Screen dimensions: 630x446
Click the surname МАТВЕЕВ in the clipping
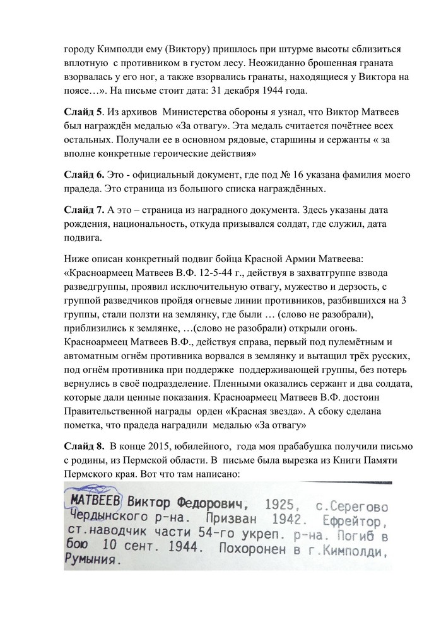pos(95,502)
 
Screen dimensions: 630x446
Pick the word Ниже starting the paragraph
pos(76,258)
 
